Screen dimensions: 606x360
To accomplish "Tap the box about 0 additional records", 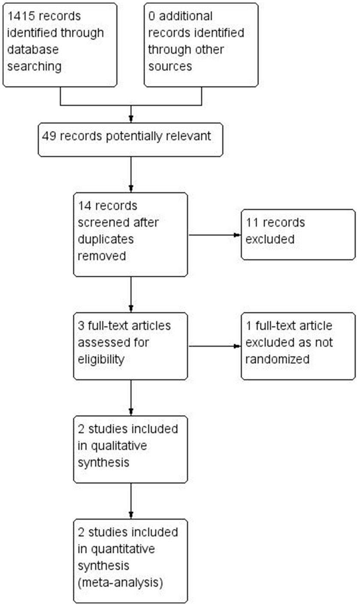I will pos(201,45).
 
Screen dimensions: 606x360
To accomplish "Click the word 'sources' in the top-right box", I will pos(169,66).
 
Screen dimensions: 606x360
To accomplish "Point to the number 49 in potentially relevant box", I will pos(49,136).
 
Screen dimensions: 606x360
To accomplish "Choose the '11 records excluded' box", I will pos(298,234).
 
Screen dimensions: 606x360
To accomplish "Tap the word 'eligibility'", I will pos(101,359).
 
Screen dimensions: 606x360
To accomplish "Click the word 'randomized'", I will pos(277,359).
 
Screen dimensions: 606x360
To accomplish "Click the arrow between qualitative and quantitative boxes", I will pos(130,500).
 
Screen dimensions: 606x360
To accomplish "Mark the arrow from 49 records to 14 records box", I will pos(130,174).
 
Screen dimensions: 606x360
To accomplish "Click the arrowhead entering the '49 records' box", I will pos(130,120).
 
